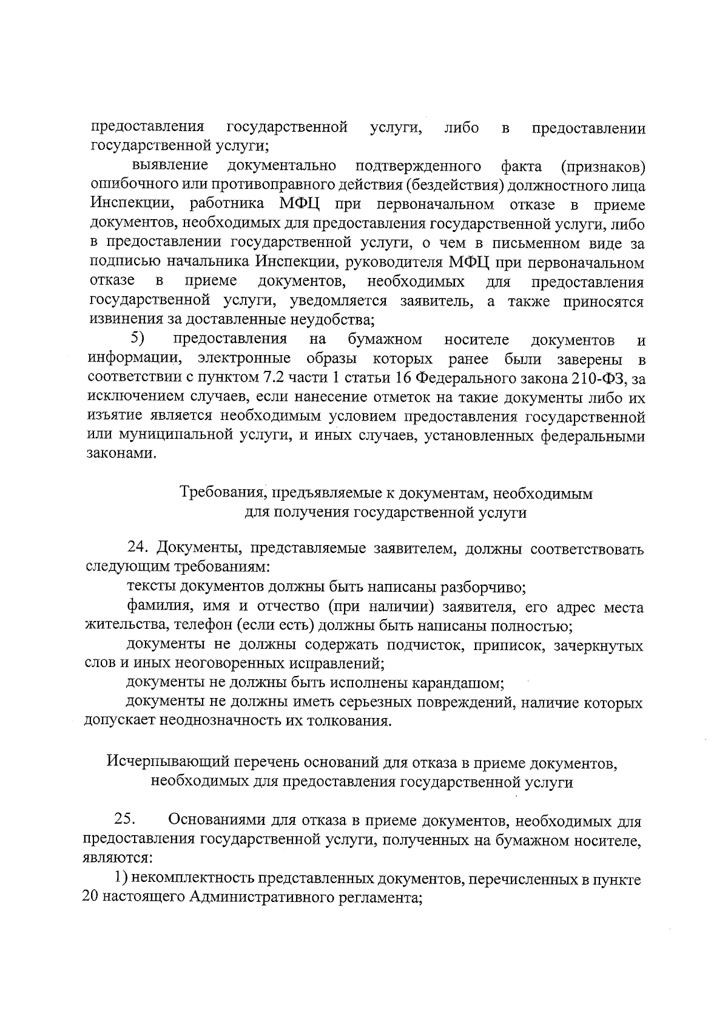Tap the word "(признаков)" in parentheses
tap(602, 166)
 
